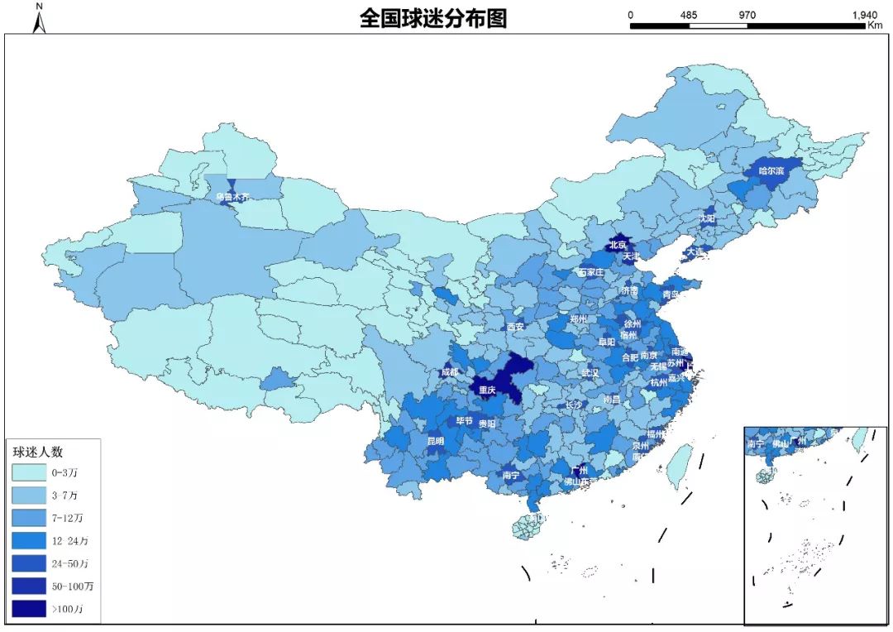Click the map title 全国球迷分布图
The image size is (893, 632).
(432, 18)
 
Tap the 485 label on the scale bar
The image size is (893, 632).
(689, 15)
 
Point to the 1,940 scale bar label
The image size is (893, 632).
(863, 15)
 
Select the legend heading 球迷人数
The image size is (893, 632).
(38, 452)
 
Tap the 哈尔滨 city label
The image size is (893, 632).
(771, 171)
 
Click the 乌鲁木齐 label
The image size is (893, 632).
(232, 197)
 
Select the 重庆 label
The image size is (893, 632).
(487, 390)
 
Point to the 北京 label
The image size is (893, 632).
(618, 245)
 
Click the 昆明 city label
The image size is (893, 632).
(435, 441)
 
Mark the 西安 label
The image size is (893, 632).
(515, 327)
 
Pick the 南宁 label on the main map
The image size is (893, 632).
(511, 476)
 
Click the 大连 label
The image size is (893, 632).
(695, 251)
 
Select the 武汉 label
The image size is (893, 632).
(590, 373)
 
